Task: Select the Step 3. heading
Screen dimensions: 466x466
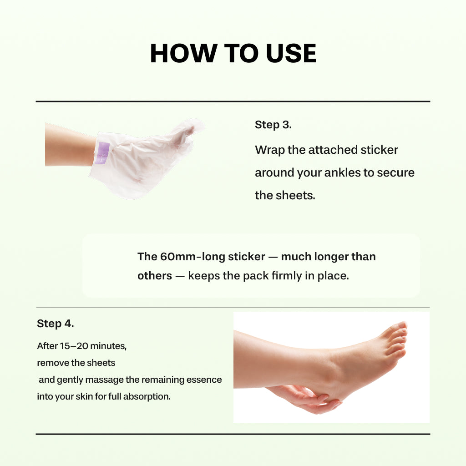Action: pos(273,125)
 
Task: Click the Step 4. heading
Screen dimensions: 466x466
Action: pos(55,324)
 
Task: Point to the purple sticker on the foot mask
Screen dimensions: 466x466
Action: pos(104,153)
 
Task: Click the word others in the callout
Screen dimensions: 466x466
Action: pos(155,276)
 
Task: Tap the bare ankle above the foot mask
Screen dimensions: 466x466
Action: pos(68,144)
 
